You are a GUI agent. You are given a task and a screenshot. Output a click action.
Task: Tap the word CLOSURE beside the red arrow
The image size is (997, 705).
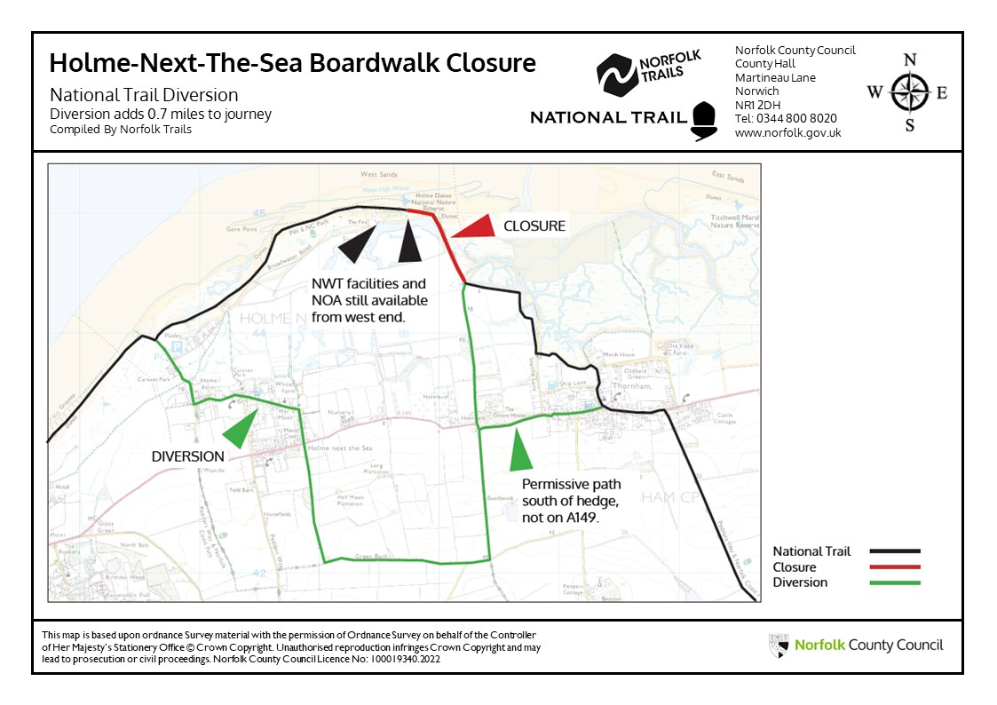[x=534, y=226]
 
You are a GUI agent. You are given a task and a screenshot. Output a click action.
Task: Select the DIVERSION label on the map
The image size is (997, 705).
[x=187, y=456]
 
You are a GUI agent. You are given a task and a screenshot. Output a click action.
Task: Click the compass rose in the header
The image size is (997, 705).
[x=909, y=92]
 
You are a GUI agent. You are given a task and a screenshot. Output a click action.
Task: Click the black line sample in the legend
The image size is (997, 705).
[x=895, y=551]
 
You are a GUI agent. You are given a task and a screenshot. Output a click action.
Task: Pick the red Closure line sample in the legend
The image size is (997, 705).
[x=895, y=566]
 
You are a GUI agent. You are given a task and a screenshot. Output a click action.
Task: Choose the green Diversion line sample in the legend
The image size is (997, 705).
[x=895, y=582]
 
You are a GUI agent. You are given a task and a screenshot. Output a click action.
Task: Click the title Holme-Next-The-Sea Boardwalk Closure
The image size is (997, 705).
[x=292, y=64]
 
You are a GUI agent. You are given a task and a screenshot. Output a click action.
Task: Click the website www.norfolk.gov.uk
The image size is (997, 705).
[x=787, y=132]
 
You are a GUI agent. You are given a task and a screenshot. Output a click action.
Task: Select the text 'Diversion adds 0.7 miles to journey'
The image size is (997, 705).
[x=161, y=114]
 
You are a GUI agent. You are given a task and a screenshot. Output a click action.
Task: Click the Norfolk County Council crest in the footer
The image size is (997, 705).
[x=779, y=646]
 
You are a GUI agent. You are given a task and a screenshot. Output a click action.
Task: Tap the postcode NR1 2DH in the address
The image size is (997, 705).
[x=757, y=105]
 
